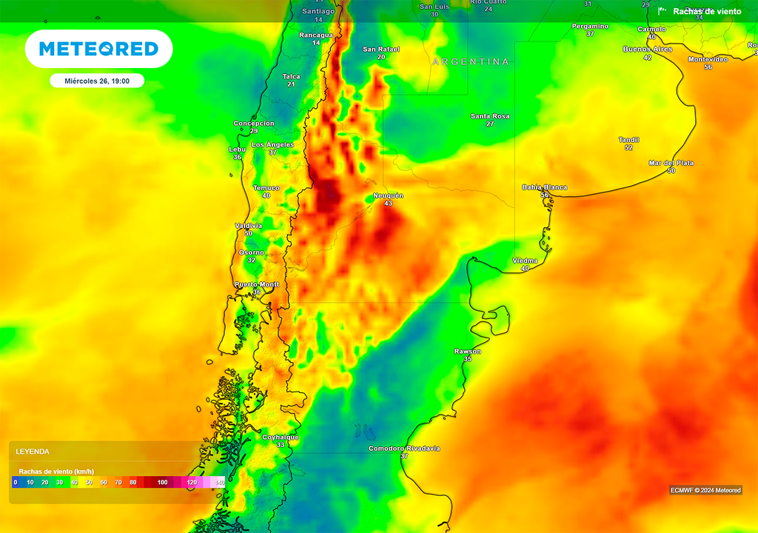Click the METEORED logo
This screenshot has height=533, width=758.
[98, 49]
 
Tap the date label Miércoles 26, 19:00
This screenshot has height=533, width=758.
[97, 81]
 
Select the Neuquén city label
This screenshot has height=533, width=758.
[388, 195]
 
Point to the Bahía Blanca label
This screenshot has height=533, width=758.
[544, 187]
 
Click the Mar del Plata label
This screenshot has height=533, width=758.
[671, 163]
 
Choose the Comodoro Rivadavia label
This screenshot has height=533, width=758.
[404, 449]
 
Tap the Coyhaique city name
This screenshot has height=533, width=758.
[281, 438]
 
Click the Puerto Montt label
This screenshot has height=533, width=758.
[256, 284]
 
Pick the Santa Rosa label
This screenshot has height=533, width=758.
[490, 116]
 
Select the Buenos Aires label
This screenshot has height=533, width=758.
[647, 49]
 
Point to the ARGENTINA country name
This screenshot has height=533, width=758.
[471, 61]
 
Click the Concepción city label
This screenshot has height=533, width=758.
[254, 124]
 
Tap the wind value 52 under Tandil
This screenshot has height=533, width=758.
[628, 148]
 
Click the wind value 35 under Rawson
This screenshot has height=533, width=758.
[467, 359]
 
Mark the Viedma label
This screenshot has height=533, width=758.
[525, 261]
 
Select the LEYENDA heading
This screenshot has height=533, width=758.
[33, 451]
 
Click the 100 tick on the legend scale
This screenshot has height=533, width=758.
[162, 483]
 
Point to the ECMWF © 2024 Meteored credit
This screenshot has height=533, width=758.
[705, 490]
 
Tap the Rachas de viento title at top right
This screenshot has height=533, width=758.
[707, 11]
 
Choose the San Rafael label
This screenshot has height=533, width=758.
[380, 49]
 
